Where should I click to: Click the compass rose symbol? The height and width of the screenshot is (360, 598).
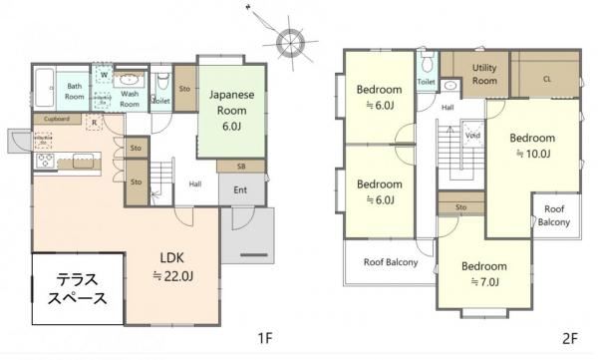pos(290,43)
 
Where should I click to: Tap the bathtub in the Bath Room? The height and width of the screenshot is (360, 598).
pos(46,88)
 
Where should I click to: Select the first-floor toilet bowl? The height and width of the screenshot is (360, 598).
pos(163,80)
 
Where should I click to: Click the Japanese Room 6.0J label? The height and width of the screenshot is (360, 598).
pos(231,111)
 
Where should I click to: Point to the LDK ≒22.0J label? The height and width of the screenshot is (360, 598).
pos(172,267)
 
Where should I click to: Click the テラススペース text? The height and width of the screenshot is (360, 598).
pos(78,289)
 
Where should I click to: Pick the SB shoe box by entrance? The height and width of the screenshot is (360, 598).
pos(241,167)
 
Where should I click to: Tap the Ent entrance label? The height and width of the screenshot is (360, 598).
pos(240,189)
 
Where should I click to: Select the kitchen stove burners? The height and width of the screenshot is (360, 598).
pos(46,161)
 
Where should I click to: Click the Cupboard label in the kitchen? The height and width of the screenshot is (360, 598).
pos(57,119)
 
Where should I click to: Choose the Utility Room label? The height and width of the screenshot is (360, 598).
pos(484,74)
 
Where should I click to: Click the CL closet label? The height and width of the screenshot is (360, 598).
pos(547,79)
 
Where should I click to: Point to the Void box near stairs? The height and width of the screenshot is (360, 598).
pos(472,136)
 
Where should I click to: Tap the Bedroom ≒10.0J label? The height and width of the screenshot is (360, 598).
pos(532,146)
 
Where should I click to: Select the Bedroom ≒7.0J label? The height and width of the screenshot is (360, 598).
pos(484,273)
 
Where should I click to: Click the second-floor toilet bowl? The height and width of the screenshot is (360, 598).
pos(427,63)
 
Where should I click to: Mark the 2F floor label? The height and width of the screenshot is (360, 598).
pos(570,339)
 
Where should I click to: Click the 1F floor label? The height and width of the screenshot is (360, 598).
pos(265,338)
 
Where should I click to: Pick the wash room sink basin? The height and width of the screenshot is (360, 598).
pos(132,80)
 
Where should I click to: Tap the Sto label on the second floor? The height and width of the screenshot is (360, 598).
pos(460,206)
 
